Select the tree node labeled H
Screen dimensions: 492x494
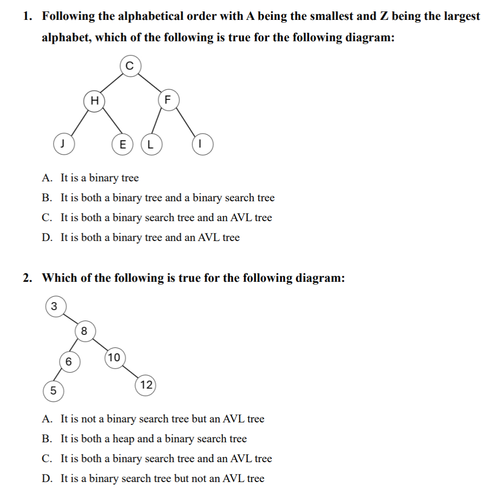click(94, 100)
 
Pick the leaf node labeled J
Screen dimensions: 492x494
click(63, 144)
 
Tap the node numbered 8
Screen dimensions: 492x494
click(84, 331)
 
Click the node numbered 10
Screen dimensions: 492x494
click(114, 357)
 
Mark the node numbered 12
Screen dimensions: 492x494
click(146, 385)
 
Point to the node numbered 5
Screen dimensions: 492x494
click(53, 391)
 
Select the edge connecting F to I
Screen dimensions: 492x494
click(185, 122)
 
